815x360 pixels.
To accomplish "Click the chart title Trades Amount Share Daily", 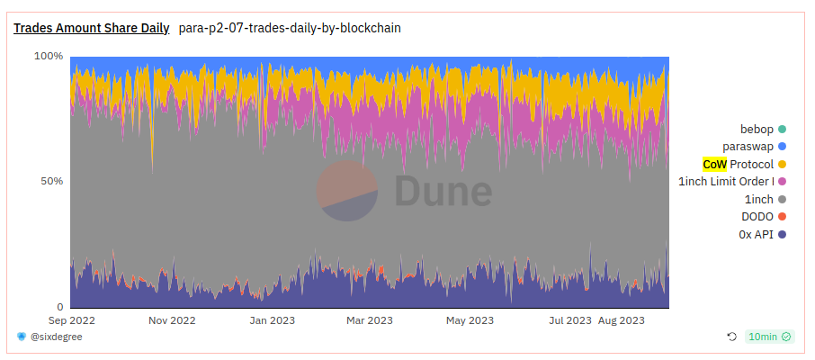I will tap(91, 28).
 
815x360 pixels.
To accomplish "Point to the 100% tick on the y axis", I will tap(49, 56).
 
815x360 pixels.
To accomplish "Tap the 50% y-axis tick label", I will tap(52, 181).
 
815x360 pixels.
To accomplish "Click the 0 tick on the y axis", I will tap(60, 307).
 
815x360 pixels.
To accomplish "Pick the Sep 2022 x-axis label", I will tap(71, 319).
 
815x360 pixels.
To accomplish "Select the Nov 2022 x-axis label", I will tap(172, 319).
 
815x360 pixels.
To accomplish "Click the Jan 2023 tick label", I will tap(272, 319).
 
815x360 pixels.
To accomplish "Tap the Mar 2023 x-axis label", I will tap(369, 319).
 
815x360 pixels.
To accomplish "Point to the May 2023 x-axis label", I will tap(470, 319).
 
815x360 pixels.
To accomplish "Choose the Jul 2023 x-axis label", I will tap(569, 319).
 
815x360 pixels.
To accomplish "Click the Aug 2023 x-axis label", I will tap(621, 319).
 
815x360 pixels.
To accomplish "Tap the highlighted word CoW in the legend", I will tap(714, 164).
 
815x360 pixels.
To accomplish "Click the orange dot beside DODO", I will tap(782, 217).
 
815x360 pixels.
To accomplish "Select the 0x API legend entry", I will tap(757, 234).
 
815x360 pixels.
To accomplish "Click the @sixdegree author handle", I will tap(55, 337).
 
